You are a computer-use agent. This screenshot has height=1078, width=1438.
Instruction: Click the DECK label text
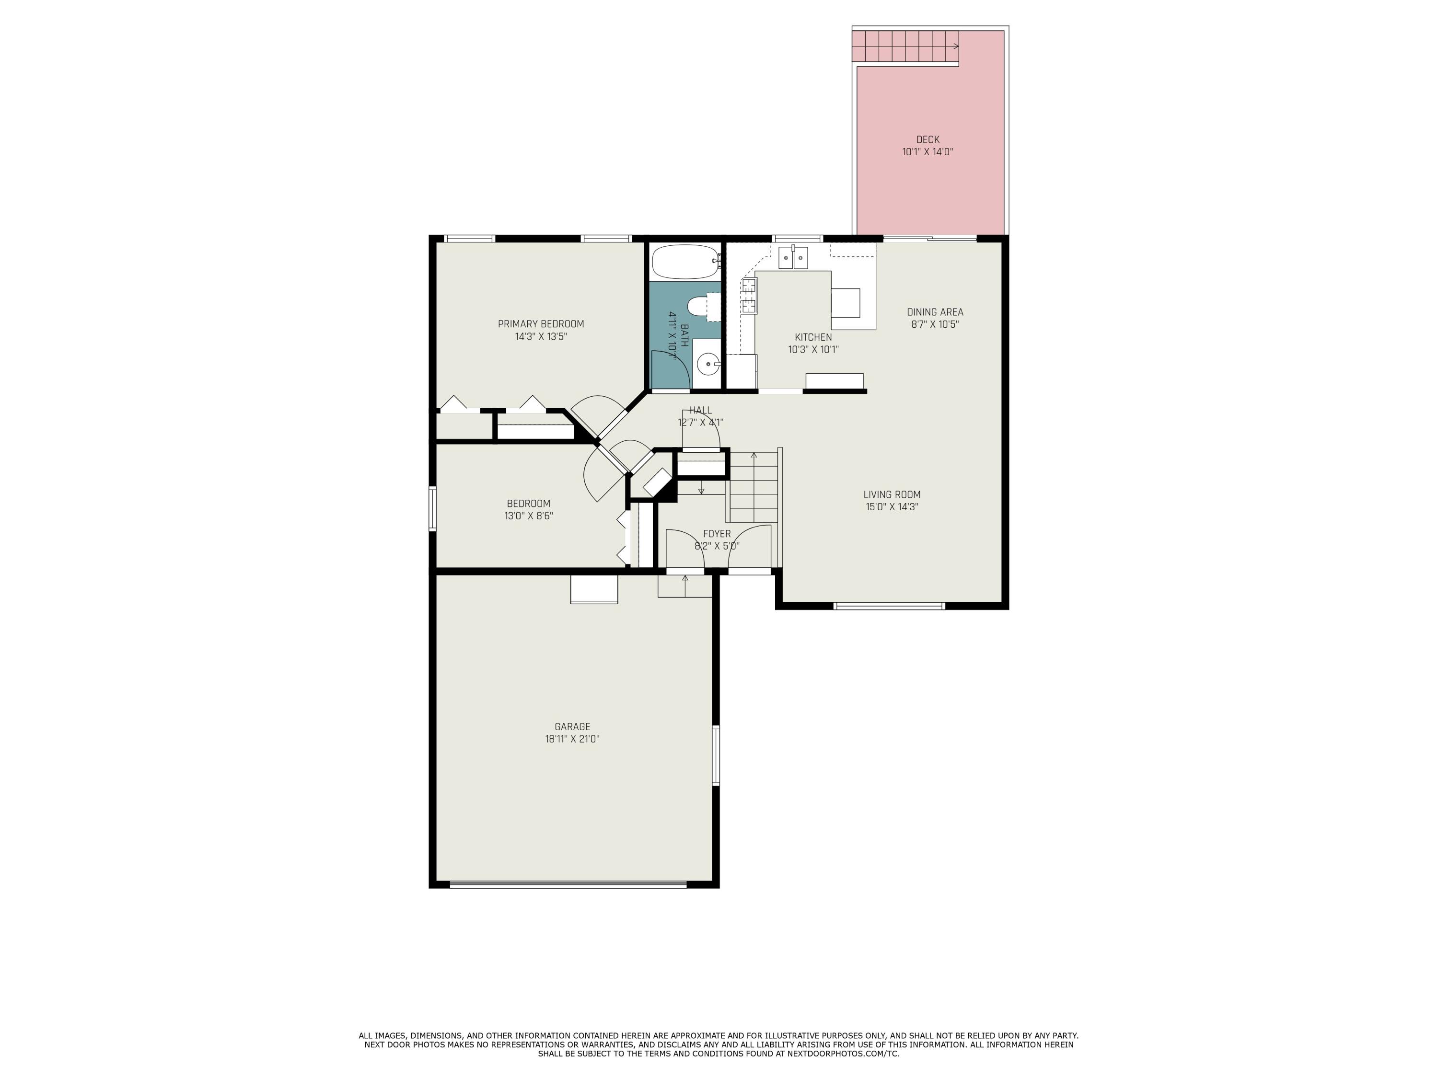pos(927,140)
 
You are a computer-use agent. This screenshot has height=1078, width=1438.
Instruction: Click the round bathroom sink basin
pos(708,364)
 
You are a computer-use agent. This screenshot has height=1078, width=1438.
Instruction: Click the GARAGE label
pos(572,726)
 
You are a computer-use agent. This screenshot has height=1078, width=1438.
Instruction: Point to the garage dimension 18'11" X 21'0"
pos(572,739)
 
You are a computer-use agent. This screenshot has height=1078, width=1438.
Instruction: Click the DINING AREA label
pos(935,312)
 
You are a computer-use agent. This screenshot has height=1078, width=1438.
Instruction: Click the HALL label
pos(701,410)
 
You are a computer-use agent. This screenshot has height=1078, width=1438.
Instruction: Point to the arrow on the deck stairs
pos(955,46)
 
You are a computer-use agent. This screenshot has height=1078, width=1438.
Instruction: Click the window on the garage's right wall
pos(716,756)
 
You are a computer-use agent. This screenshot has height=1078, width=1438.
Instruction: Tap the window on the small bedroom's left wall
pos(432,509)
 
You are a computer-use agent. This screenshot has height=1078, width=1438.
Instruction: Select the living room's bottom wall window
pos(889,606)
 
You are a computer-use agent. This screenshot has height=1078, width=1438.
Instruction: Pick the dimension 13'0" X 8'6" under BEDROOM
pos(529,516)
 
